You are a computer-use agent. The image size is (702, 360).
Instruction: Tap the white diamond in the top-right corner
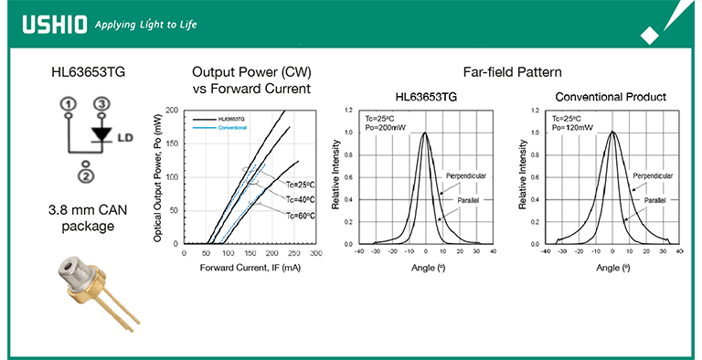[x=651, y=34]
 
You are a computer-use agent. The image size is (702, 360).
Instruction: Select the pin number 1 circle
[x=68, y=105]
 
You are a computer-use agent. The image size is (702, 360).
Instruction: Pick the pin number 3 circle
[x=101, y=105]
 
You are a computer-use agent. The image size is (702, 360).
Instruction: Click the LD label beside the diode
[x=127, y=138]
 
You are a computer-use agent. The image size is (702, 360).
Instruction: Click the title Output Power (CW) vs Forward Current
[x=251, y=79]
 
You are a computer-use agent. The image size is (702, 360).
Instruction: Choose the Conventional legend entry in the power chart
[x=232, y=128]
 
